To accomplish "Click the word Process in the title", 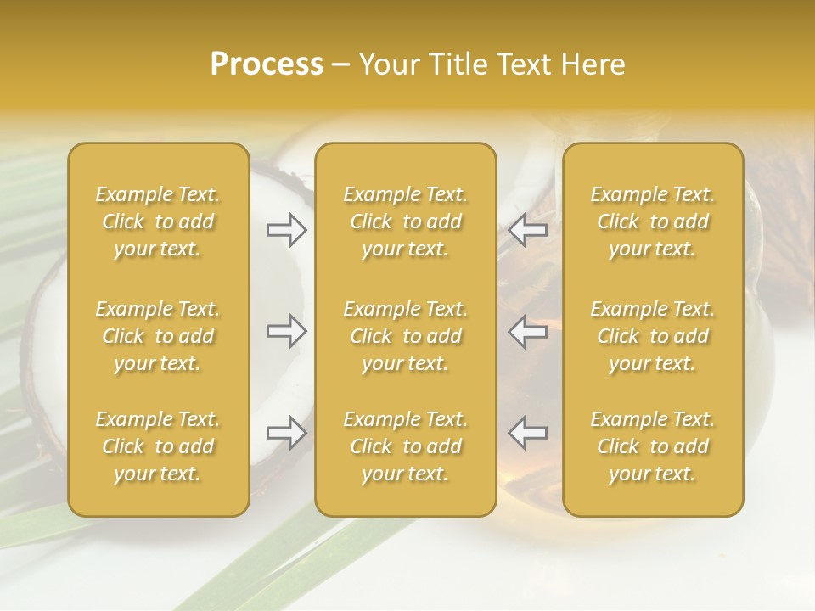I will (267, 64).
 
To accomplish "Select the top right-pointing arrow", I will (287, 230).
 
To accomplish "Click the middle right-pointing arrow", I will (287, 331).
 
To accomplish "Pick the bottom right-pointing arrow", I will (287, 433).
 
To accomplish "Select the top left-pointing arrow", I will (528, 230).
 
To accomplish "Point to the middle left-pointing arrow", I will (528, 331).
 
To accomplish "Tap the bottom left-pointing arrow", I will (528, 433).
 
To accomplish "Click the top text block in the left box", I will (158, 221).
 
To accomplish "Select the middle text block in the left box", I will (158, 336).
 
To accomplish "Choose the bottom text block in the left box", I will (158, 446).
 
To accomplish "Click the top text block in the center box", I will (406, 221).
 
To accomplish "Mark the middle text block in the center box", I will (406, 336).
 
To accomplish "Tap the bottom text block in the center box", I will (406, 446).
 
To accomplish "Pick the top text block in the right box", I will (653, 221).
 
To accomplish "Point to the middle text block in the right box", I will (653, 336).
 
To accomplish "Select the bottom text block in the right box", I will (653, 446).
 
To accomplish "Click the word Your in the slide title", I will (387, 64).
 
